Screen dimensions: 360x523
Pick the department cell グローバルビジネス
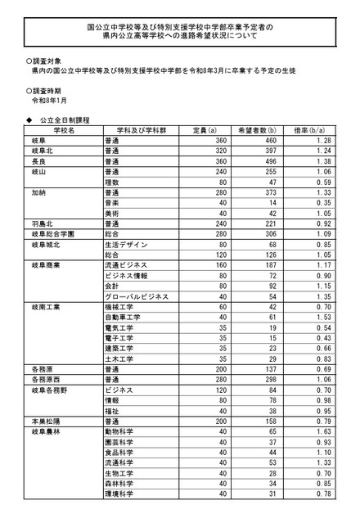[137, 295]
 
